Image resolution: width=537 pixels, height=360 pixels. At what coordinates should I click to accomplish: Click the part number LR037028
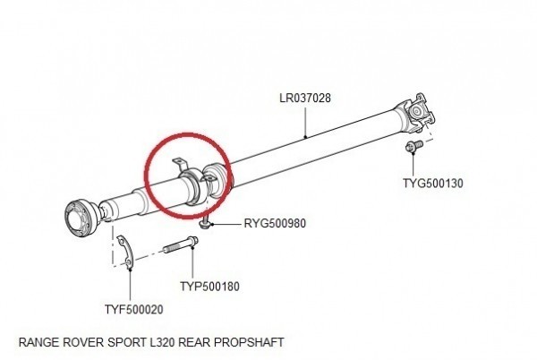coord(305,99)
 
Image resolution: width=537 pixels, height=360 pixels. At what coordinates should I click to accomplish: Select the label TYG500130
coord(433,184)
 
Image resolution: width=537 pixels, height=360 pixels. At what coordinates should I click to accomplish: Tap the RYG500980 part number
coord(275,224)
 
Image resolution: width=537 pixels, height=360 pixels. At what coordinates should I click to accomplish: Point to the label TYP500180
coord(209,287)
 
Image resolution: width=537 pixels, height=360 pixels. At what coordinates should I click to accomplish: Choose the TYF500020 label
coord(134,310)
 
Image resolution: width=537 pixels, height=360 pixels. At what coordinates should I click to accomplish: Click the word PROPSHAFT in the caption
coord(249,342)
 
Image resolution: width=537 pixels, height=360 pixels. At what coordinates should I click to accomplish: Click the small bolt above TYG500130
coord(413,147)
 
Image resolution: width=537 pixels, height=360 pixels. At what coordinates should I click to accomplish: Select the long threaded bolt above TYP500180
coord(180,244)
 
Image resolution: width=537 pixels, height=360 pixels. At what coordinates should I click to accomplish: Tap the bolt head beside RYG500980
coord(204,225)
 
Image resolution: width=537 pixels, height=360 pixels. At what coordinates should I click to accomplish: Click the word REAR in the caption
coord(194,342)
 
